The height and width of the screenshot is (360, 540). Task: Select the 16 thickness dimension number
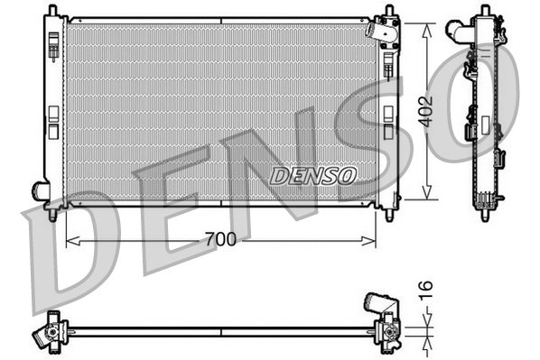(427, 291)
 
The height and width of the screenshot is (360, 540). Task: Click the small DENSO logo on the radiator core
(313, 174)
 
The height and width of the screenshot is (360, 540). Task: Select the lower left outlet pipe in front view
(41, 190)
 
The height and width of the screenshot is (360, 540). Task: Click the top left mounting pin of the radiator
(52, 12)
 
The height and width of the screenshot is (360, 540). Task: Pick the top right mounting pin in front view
(389, 12)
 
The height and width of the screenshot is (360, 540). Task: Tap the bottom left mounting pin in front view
(52, 215)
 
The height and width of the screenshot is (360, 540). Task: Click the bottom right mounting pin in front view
(389, 215)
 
